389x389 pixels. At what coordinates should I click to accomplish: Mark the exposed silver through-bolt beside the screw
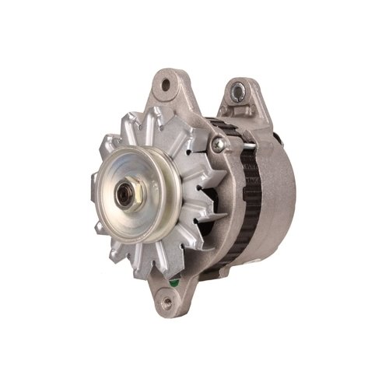[237, 144]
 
